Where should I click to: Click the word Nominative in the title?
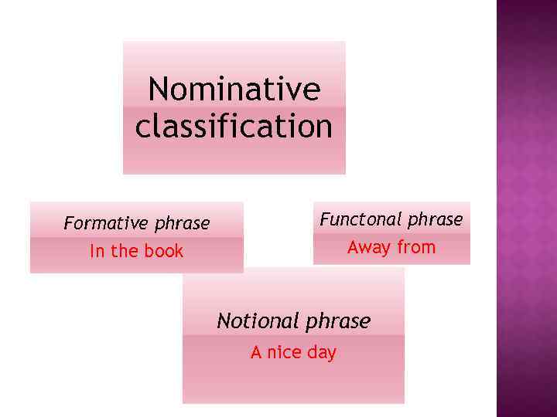click(234, 90)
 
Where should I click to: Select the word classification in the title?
click(234, 127)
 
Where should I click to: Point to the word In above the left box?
click(96, 251)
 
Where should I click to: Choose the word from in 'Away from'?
click(416, 248)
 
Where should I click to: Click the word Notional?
click(258, 320)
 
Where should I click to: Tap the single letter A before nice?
click(256, 352)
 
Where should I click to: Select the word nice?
click(283, 352)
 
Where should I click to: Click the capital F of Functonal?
click(325, 219)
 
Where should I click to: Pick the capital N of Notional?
click(224, 320)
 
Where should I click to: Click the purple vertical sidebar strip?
click(526, 208)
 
